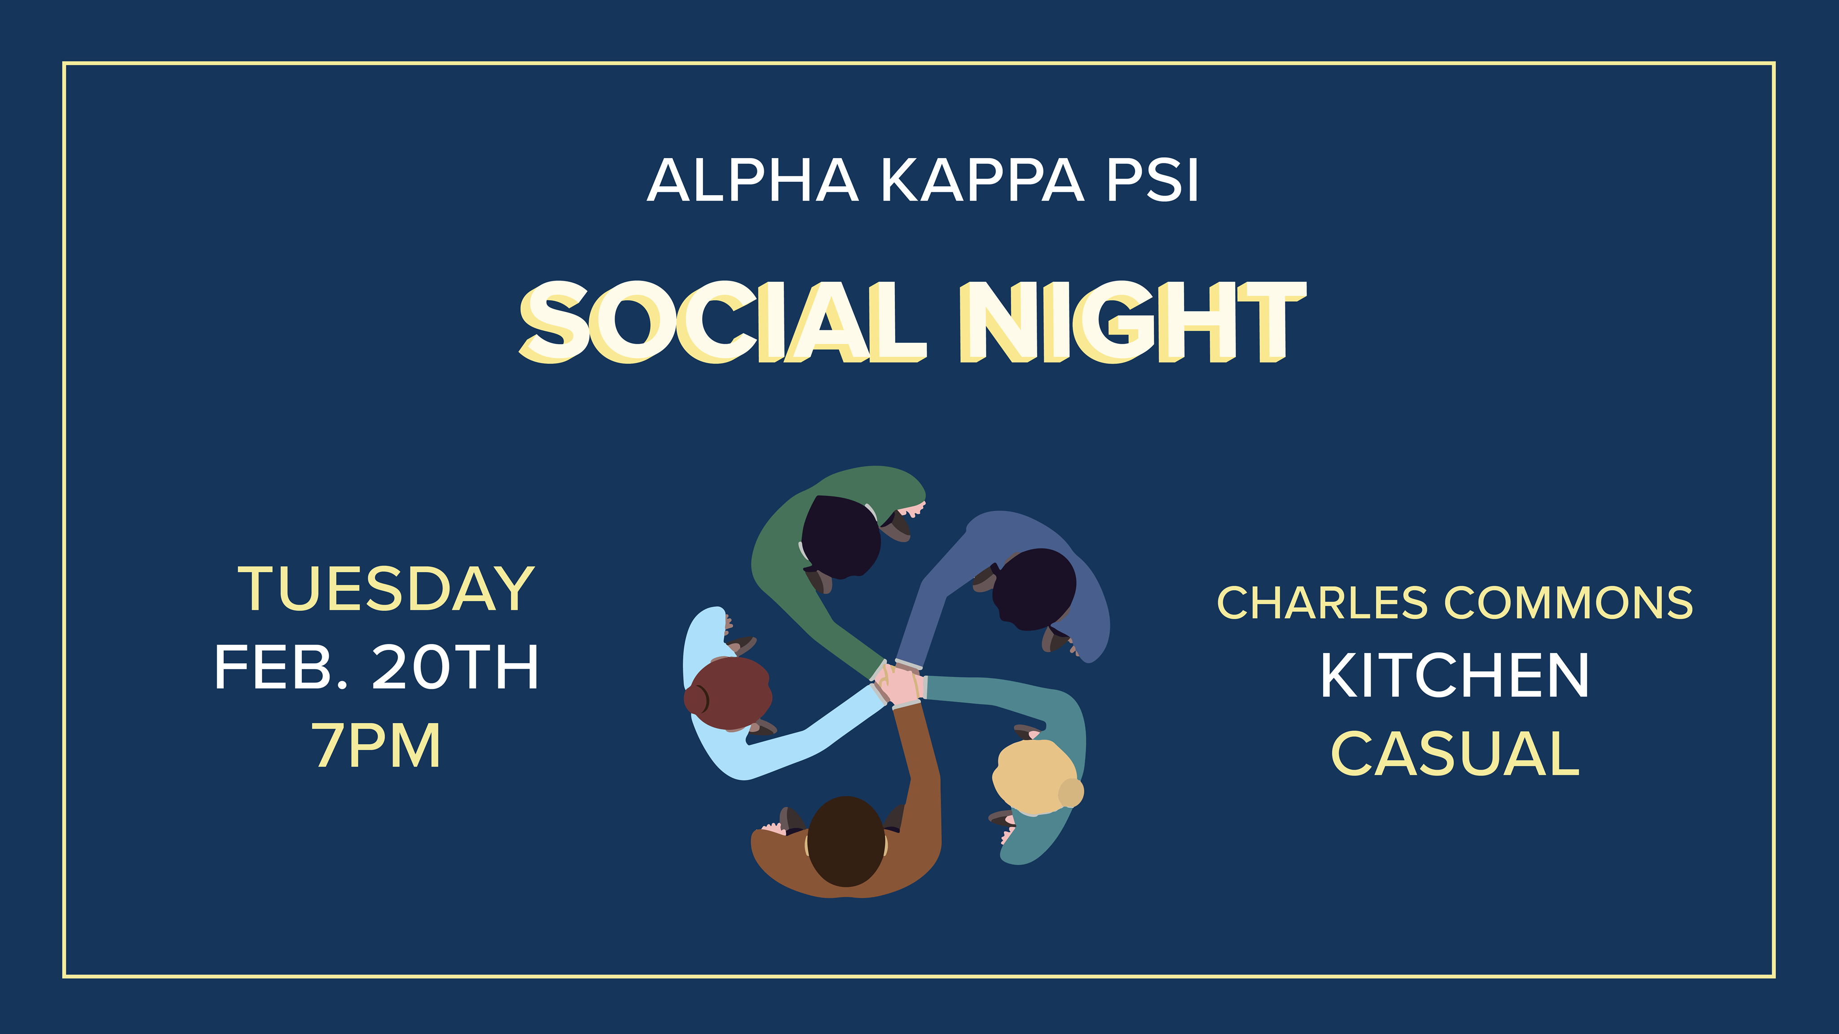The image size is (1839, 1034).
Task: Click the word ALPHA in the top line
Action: point(752,180)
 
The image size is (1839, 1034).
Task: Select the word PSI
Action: point(1152,180)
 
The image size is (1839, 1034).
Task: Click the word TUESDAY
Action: point(386,589)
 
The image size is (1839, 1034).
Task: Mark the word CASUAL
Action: point(1456,753)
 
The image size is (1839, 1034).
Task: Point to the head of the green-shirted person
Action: point(841,537)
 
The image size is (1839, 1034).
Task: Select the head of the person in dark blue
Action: point(1034,589)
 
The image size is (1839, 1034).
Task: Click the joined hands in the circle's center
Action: point(899,683)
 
